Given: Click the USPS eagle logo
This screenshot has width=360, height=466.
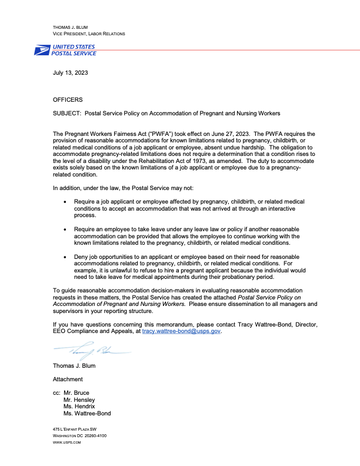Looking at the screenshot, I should click(42, 50).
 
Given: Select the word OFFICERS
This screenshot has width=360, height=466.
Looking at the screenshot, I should click(68, 99).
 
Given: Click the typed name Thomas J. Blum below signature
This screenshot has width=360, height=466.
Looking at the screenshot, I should click(75, 365).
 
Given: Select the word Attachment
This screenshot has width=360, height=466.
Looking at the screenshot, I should click(68, 380).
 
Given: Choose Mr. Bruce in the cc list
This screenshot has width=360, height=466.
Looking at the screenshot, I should click(76, 392).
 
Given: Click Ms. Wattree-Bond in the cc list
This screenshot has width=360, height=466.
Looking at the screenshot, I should click(87, 414).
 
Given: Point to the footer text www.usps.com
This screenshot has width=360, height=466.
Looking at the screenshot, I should click(66, 442).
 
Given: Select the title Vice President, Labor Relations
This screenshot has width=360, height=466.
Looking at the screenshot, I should click(89, 34).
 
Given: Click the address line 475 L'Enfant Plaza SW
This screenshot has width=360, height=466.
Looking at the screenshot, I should click(75, 430).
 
